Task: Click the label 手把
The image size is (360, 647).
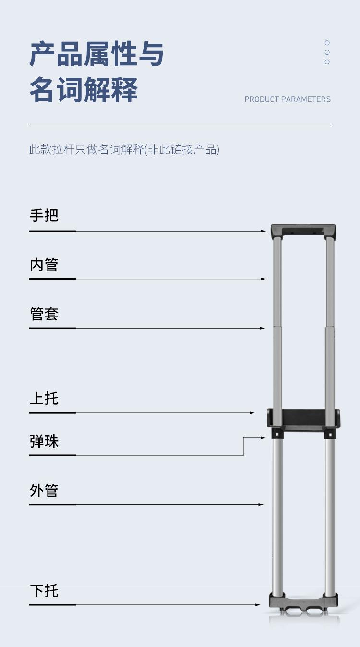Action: click(x=44, y=216)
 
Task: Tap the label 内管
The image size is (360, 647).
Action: click(x=44, y=265)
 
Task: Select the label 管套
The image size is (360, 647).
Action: click(x=44, y=314)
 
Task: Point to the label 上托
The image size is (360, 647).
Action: click(x=44, y=399)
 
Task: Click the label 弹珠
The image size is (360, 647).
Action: click(x=44, y=441)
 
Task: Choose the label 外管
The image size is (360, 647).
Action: click(x=44, y=490)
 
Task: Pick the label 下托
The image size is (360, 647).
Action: click(x=44, y=590)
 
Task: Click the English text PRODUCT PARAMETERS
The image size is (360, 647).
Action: click(x=288, y=99)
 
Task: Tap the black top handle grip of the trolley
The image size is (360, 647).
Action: click(x=303, y=231)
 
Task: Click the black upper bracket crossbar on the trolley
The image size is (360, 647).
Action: click(x=303, y=418)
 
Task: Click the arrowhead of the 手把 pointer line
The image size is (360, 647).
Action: click(x=264, y=231)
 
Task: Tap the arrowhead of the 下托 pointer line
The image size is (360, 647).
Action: click(x=258, y=605)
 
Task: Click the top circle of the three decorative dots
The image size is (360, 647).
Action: click(x=327, y=43)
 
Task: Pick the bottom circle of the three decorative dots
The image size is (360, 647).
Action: click(x=327, y=62)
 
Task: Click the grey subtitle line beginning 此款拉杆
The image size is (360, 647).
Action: click(x=124, y=149)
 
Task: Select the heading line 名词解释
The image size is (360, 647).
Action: click(x=84, y=89)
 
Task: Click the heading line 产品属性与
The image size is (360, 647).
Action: click(x=96, y=54)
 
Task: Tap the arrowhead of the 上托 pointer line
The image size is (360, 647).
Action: click(x=252, y=413)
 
